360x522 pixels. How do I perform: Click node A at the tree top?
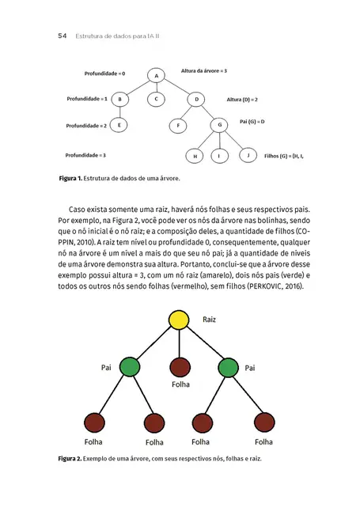(x=157, y=75)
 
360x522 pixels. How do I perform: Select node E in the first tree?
(x=119, y=124)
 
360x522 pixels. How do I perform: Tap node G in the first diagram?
(x=218, y=125)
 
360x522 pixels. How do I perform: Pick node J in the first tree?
(x=248, y=155)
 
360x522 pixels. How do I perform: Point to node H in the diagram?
(x=195, y=156)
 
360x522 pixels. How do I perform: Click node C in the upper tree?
(x=157, y=99)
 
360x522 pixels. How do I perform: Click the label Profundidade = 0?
(x=104, y=74)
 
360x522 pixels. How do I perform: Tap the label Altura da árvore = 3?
(x=204, y=71)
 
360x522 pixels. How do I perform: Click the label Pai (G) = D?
(x=252, y=122)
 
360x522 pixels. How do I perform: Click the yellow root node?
(x=179, y=320)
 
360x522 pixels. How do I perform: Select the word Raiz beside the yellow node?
(x=210, y=320)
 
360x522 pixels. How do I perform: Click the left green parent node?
(x=130, y=368)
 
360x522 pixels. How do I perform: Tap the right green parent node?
(x=228, y=368)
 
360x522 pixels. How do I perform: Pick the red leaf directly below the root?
(x=179, y=368)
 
